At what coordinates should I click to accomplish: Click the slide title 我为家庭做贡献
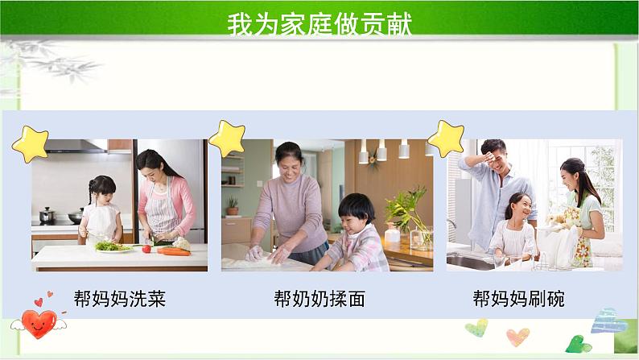(x=319, y=24)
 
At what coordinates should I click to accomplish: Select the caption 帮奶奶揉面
(x=319, y=300)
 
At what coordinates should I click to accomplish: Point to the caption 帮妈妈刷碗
(x=518, y=300)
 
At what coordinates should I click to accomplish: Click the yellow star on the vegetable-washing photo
(x=31, y=144)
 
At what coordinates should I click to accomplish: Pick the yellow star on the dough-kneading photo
(x=227, y=138)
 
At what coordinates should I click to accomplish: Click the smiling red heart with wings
(x=39, y=323)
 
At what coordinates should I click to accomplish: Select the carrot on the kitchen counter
(x=174, y=251)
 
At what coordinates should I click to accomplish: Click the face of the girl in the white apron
(x=103, y=193)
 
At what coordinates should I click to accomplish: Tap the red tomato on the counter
(x=147, y=249)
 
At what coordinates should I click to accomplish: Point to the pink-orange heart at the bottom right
(x=517, y=336)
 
